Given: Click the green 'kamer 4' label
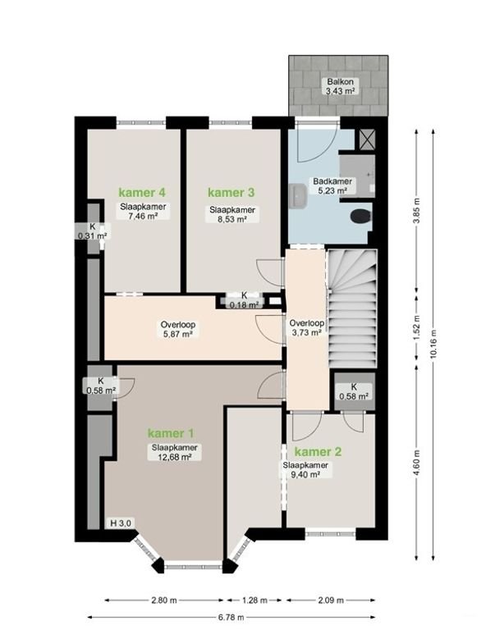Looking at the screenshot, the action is [142, 193].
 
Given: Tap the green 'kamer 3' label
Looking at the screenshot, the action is [231, 193].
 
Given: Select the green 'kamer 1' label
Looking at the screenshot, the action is [171, 433].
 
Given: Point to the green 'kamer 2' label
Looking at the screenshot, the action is [318, 452].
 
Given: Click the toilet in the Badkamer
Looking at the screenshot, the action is [360, 217].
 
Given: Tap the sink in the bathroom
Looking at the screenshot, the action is [297, 196].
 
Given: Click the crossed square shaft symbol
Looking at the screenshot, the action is [367, 139].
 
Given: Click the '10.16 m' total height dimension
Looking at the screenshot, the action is [433, 345].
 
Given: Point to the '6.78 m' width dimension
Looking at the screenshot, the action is [232, 617].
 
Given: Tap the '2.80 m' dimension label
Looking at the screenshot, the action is [164, 600].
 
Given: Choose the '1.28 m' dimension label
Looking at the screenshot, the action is [254, 600].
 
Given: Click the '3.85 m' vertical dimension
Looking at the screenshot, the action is [416, 211].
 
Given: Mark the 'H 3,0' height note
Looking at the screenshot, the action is [121, 523].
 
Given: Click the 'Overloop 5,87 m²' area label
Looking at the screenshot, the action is [178, 329].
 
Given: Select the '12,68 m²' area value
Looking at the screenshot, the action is [174, 456].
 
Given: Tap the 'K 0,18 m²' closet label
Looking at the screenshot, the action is [244, 300].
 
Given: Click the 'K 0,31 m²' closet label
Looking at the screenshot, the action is [93, 231].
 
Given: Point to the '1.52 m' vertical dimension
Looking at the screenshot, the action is [416, 327].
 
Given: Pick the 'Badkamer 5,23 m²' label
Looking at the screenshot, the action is [332, 186].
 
